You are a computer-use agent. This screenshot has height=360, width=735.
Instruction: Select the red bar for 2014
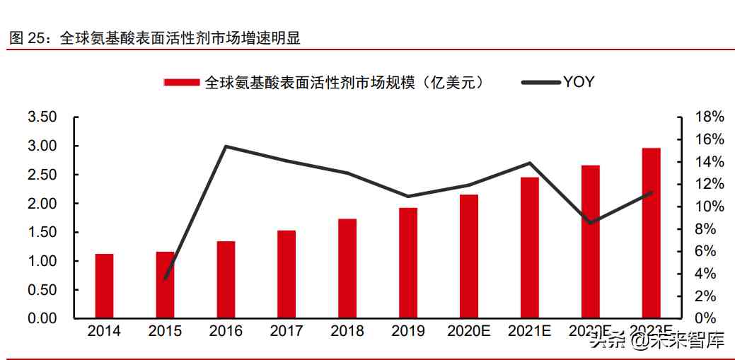point(104,286)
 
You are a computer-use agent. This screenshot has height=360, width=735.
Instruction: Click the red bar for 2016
point(226,279)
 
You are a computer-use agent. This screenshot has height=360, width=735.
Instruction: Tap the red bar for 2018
point(347,268)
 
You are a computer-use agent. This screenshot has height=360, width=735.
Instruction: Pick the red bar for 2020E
point(469,256)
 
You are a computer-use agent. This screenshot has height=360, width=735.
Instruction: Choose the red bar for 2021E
point(529,248)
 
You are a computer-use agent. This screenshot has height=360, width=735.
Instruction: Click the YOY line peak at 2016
point(226,146)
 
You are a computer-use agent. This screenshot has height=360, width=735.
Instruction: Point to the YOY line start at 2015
point(165,279)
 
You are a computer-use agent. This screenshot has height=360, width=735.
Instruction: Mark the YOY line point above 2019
point(408,196)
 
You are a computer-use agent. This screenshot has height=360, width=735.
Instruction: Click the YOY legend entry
point(558,82)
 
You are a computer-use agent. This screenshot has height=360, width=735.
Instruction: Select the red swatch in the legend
point(183,83)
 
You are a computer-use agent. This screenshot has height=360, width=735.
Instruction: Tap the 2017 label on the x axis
point(287,331)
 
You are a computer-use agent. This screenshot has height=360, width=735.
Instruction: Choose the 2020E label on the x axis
point(469,331)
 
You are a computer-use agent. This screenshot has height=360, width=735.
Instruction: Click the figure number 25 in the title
point(35,39)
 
